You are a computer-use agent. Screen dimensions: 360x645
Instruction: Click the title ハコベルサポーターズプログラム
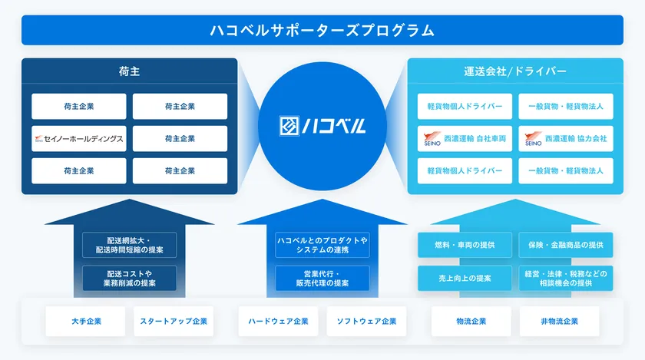(322, 31)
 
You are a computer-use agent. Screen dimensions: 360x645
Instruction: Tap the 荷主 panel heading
(129, 72)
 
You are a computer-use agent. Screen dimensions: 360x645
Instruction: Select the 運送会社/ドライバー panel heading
(515, 72)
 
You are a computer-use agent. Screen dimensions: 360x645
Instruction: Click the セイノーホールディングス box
(78, 139)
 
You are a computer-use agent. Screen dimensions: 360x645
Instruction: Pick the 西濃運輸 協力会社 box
(565, 139)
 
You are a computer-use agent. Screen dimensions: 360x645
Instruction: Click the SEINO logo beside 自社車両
(432, 140)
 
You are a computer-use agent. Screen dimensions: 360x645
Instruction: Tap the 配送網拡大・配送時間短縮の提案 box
(130, 245)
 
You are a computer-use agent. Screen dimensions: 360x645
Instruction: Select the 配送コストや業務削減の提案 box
(130, 278)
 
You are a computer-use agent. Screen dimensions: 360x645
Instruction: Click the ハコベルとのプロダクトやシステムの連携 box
(322, 245)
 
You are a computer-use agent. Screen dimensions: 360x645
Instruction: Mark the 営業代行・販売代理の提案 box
(322, 278)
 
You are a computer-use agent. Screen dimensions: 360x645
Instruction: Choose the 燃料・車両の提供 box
(465, 245)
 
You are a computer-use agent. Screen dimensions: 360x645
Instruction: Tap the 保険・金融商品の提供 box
(565, 245)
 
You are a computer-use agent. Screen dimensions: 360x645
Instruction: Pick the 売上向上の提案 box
(465, 278)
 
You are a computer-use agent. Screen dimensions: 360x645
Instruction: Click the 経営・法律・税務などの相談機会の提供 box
(565, 278)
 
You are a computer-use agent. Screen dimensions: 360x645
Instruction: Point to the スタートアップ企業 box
(174, 322)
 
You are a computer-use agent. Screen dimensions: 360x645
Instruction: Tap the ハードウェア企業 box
(279, 322)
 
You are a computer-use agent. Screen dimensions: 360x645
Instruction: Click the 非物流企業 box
(560, 322)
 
